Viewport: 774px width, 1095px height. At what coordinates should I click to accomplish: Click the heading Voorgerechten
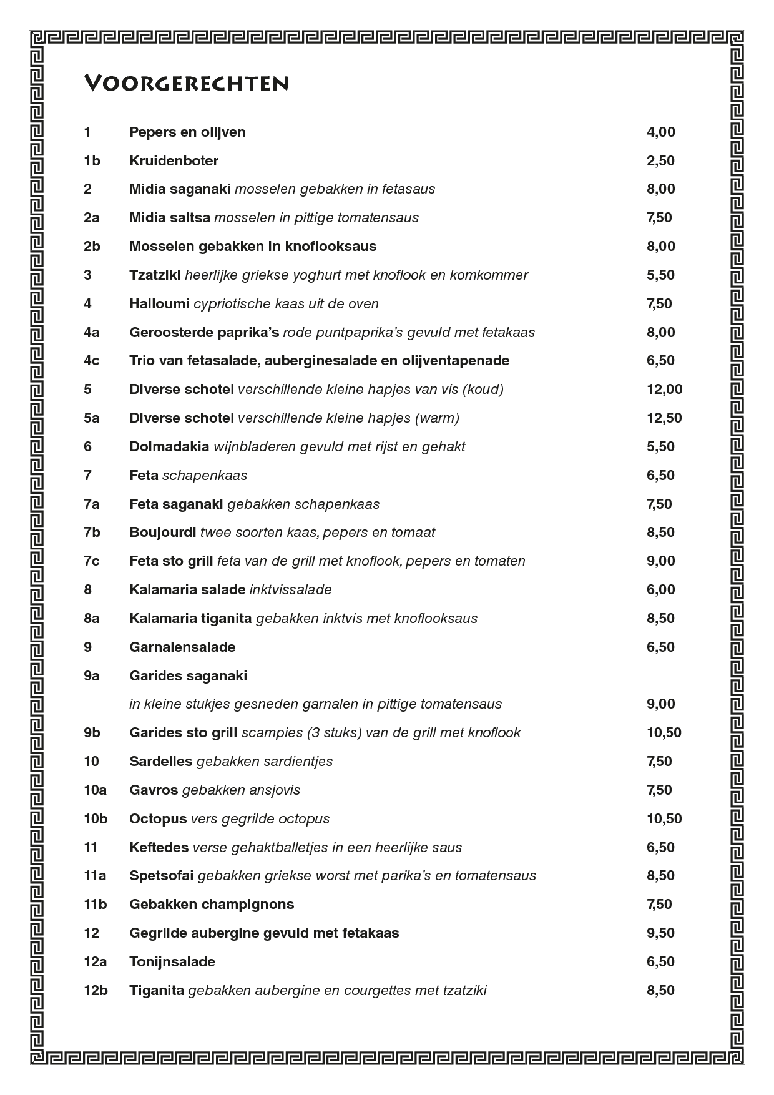tap(186, 84)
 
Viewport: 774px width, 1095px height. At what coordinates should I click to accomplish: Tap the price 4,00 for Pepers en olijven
tap(660, 132)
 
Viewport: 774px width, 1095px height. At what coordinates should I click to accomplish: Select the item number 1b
tap(92, 160)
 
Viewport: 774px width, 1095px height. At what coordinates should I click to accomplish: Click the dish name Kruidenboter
tap(174, 160)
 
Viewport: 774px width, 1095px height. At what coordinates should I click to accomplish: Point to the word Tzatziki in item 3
tap(155, 275)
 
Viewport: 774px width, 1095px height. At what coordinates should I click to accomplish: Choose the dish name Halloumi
tap(159, 303)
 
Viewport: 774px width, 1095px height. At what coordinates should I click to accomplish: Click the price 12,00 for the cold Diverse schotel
tap(664, 389)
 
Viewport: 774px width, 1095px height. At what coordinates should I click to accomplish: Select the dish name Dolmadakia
tap(169, 446)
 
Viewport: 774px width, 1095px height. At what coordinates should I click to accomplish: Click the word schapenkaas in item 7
tap(205, 475)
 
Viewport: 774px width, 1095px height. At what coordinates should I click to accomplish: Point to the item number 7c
tap(92, 561)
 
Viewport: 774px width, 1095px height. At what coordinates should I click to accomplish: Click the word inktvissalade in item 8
tap(290, 589)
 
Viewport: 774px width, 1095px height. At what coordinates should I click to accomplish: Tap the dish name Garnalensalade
tap(182, 647)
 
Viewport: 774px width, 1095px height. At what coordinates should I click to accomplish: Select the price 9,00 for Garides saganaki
tap(660, 704)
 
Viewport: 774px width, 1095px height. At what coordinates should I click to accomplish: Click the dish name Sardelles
tap(160, 761)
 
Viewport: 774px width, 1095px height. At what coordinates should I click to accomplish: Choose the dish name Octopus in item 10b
tap(158, 818)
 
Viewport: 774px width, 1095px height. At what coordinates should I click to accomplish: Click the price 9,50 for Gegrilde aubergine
tap(660, 933)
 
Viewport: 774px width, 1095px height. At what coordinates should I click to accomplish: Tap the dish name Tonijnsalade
tap(172, 961)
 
